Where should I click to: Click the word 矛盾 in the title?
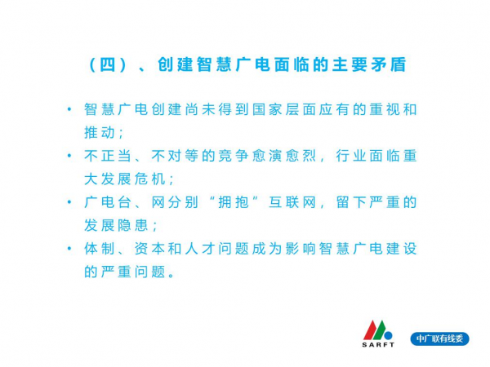(x=389, y=64)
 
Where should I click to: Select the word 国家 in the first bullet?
(x=267, y=109)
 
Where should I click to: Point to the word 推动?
(x=100, y=133)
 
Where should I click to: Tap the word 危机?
(x=149, y=179)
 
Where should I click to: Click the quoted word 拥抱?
(x=234, y=202)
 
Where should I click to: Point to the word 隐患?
(x=133, y=225)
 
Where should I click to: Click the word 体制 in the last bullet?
(x=100, y=249)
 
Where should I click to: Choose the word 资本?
(x=149, y=249)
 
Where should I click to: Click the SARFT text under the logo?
(x=378, y=345)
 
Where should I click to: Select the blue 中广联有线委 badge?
(x=439, y=339)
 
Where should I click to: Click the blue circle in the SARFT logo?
(x=388, y=336)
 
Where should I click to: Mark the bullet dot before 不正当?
(x=69, y=156)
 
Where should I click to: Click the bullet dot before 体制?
(x=69, y=249)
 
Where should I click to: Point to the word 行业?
(x=351, y=156)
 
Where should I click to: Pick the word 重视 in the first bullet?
(x=385, y=109)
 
